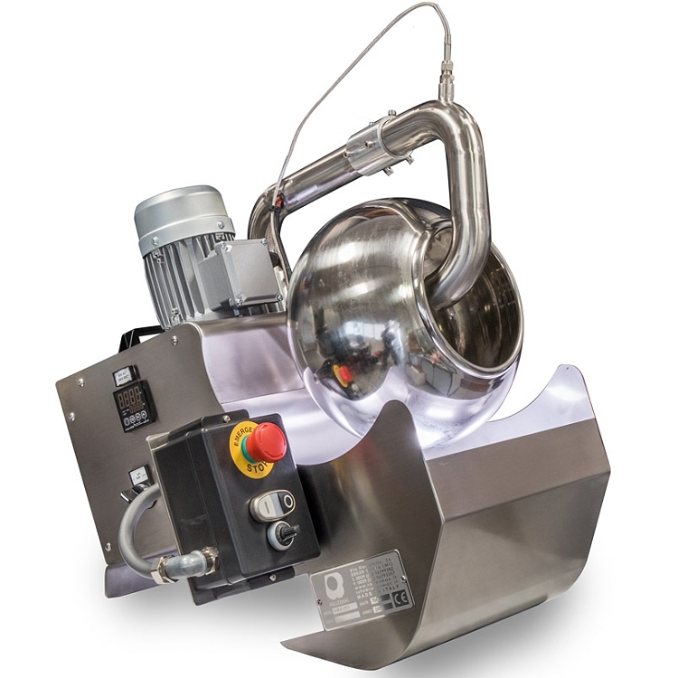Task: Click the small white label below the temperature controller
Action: [138, 476]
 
